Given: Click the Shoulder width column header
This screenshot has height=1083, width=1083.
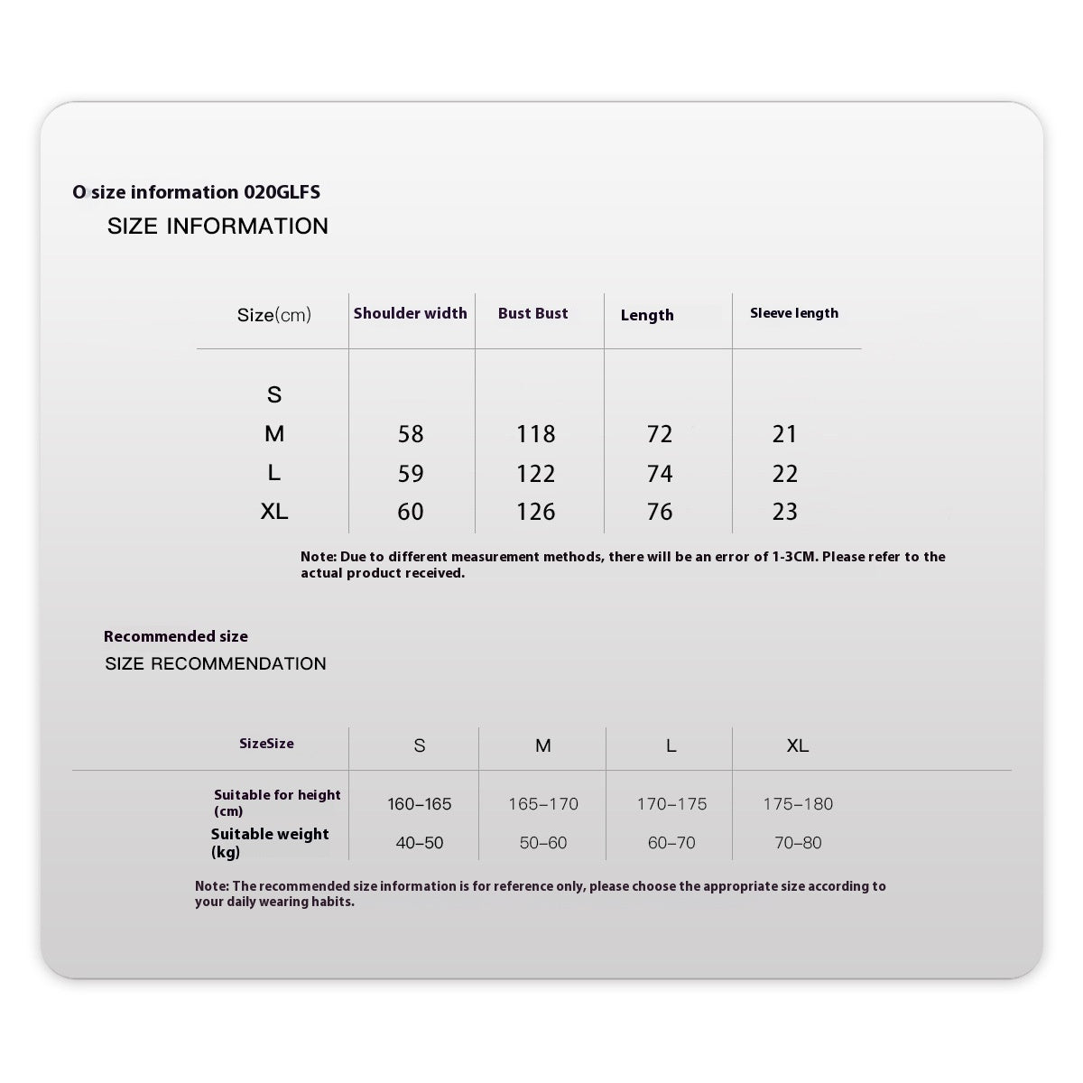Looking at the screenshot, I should (410, 313).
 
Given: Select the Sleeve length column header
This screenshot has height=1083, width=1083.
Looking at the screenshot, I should (794, 313).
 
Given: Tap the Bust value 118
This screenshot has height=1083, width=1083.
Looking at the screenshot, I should (536, 434).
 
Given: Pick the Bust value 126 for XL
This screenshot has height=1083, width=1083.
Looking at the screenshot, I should (536, 512).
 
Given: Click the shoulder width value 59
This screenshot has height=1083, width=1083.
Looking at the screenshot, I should (411, 474).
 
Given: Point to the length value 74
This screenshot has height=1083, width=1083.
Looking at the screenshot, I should (660, 474).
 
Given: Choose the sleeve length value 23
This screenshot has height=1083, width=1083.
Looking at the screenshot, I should (785, 512).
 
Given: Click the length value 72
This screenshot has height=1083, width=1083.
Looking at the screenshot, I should (660, 434).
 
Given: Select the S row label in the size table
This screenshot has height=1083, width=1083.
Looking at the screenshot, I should (274, 394).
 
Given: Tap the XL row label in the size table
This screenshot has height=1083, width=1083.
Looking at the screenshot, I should (274, 512).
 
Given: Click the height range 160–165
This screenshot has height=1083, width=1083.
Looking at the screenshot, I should (420, 804).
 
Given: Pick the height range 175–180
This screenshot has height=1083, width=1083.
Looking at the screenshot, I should (798, 804).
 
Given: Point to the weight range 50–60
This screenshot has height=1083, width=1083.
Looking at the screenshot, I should (543, 843).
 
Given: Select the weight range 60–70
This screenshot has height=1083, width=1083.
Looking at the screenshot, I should (671, 843).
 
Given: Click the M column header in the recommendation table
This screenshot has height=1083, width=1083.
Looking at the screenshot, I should (543, 745).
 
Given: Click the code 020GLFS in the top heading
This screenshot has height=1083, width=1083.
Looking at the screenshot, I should (282, 192).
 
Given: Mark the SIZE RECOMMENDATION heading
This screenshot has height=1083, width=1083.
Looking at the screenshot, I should (216, 663).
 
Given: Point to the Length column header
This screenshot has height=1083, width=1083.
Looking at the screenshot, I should (647, 315).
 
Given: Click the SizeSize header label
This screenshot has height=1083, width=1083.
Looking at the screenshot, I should (266, 744).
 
